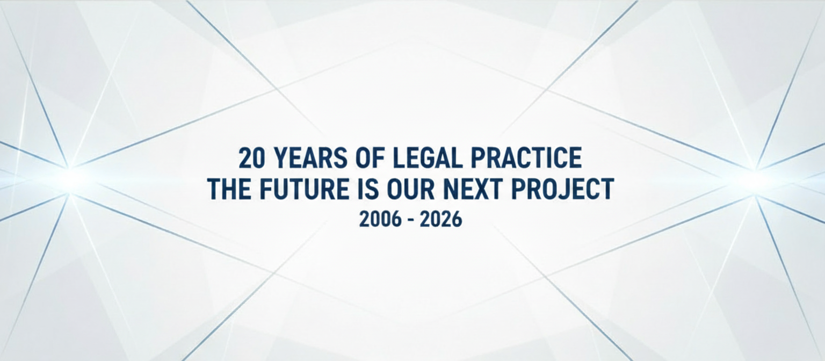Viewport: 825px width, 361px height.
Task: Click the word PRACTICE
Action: coord(527,158)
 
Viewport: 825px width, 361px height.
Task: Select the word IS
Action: coord(368,189)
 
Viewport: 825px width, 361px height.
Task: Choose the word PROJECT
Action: coord(562,189)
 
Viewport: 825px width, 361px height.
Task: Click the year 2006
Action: coord(380,220)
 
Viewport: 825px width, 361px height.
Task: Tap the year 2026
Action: coord(441,220)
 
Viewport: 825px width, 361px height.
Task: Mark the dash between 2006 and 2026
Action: coord(411,221)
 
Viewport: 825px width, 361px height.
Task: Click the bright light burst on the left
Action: coord(70,180)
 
